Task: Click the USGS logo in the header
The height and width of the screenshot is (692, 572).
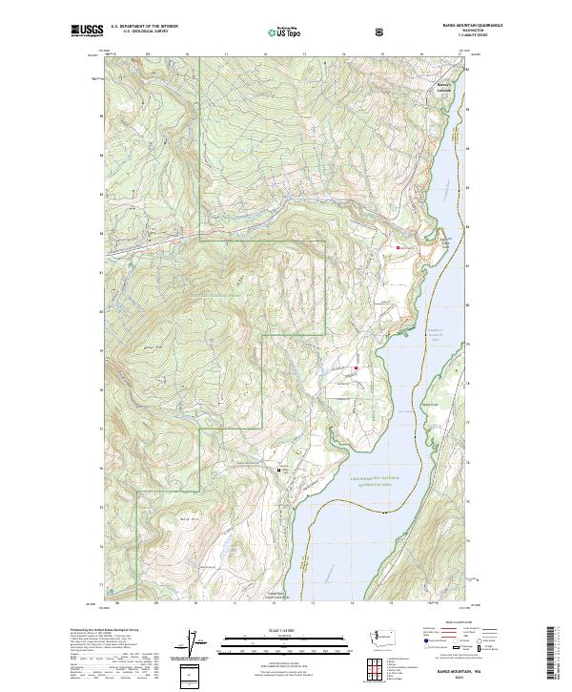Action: pyautogui.click(x=88, y=31)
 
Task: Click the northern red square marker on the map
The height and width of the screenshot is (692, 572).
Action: pyautogui.click(x=398, y=248)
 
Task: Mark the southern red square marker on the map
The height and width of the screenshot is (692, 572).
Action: pyautogui.click(x=356, y=368)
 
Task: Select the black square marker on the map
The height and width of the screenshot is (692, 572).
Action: pyautogui.click(x=279, y=471)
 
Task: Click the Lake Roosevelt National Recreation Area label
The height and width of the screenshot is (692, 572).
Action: pyautogui.click(x=367, y=484)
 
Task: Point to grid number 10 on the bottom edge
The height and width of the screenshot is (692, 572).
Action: pyautogui.click(x=195, y=603)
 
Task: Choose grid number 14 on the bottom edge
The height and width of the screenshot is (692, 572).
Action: pyautogui.click(x=353, y=603)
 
